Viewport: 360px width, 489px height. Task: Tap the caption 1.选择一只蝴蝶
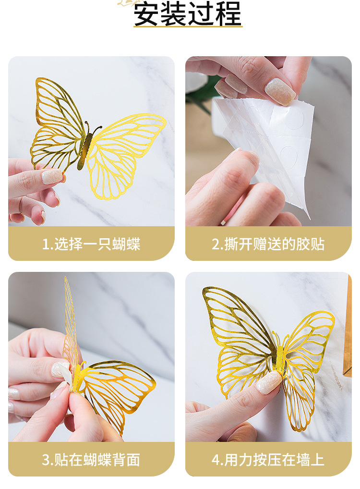(x=91, y=244)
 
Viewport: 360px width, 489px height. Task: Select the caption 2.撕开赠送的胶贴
(x=268, y=244)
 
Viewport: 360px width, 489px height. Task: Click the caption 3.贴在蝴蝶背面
(x=91, y=460)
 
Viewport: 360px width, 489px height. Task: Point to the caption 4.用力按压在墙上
(x=268, y=460)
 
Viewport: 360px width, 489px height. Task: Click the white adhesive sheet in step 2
(x=269, y=144)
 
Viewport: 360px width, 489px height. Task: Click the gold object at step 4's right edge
(x=348, y=327)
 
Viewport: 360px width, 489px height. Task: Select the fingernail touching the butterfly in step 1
(x=52, y=177)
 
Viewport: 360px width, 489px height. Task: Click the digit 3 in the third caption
(x=46, y=460)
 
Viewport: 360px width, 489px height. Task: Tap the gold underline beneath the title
(x=188, y=27)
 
